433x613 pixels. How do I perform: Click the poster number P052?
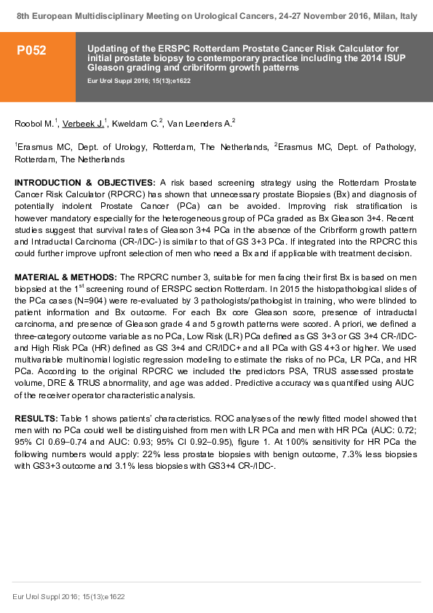pos(32,50)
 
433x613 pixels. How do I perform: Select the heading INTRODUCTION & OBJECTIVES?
pos(84,182)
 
